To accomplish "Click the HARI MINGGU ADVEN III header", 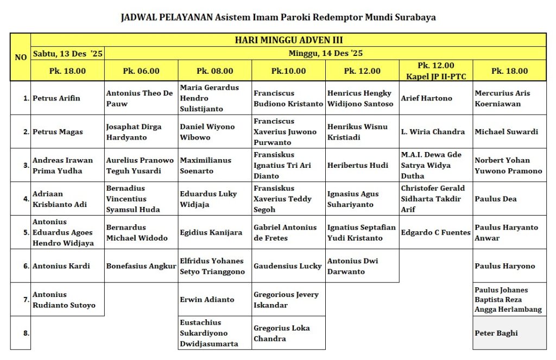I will pos(288,40).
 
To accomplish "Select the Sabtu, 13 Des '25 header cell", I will pos(67,53).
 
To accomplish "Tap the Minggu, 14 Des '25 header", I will pos(325,53).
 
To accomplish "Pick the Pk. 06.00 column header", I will pos(141,71).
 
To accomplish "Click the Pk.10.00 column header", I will pos(288,71).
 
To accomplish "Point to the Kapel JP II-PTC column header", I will pos(435,71).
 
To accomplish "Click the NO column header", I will pos(21,57).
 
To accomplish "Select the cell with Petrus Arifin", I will pos(56,98).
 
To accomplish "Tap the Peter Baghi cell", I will pos(496,333).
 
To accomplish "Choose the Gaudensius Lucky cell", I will pos(288,266).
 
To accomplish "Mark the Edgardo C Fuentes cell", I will pos(435,232).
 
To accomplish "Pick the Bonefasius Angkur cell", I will pos(141,266).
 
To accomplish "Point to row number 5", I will pos(26,232).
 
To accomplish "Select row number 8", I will pos(26,333).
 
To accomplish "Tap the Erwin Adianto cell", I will pos(207,299).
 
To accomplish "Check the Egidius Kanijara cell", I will pos(211,232).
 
